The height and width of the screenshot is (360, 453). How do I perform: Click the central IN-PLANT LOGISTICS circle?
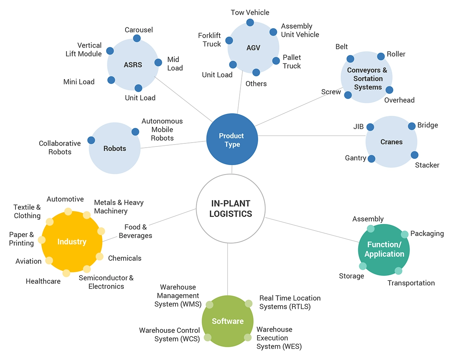(231, 208)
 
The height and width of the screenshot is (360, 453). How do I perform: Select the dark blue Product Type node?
(232, 140)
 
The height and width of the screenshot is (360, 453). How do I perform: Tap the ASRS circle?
(133, 65)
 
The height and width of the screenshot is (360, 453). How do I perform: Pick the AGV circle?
(253, 48)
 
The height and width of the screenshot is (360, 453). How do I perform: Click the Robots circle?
(115, 148)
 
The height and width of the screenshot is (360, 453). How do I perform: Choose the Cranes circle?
(391, 142)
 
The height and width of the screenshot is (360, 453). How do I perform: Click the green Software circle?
(228, 321)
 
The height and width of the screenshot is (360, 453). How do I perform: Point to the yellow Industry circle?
(72, 242)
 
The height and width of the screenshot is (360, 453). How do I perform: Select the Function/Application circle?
(384, 250)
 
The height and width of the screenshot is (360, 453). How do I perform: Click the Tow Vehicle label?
(250, 12)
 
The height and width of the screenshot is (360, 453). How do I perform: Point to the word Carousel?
(139, 30)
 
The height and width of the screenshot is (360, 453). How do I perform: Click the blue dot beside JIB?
(370, 127)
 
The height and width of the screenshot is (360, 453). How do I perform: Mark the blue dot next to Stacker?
(414, 155)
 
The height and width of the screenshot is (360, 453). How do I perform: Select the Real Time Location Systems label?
(290, 302)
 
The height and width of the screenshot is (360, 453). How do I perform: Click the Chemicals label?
(125, 258)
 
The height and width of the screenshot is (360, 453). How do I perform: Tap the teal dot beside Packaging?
(404, 234)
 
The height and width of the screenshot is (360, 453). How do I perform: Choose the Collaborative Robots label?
(60, 147)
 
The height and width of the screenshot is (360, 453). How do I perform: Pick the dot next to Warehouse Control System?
(208, 337)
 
